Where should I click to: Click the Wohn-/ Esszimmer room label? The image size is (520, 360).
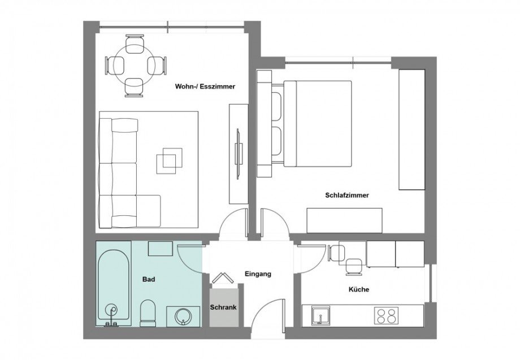click(204, 86)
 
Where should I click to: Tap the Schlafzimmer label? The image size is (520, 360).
click(347, 196)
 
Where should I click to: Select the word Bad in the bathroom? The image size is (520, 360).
click(149, 279)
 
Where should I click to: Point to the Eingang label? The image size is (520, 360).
click(258, 274)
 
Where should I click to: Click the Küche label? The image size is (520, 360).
click(359, 289)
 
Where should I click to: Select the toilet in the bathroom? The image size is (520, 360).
click(148, 313)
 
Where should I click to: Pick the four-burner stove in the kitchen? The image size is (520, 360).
click(387, 315)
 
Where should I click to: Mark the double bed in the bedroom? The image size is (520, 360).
click(317, 124)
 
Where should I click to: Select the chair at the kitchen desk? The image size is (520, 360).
click(354, 266)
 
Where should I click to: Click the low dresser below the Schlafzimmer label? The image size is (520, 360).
click(344, 220)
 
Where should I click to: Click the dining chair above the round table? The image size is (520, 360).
click(135, 44)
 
